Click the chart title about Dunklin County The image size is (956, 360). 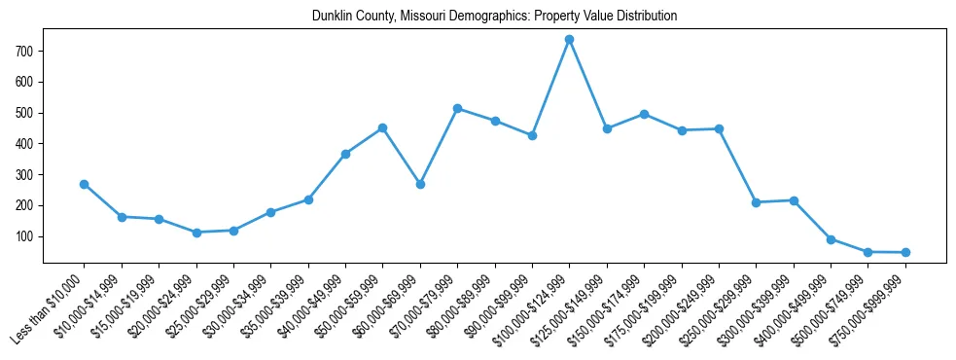[x=494, y=17]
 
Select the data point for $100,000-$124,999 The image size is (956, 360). [x=569, y=40]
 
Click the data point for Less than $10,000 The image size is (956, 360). [x=85, y=184]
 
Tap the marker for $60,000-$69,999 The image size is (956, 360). [x=420, y=184]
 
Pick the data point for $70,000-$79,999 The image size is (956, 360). [x=457, y=108]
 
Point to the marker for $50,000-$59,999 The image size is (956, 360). [x=382, y=127]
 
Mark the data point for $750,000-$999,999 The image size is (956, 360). [x=905, y=252]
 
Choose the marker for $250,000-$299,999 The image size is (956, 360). [x=756, y=202]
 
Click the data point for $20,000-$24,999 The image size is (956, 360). [x=196, y=233]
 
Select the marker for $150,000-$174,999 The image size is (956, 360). [x=644, y=114]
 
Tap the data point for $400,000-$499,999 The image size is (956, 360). [x=831, y=239]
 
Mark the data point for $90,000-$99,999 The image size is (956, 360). [x=532, y=135]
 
